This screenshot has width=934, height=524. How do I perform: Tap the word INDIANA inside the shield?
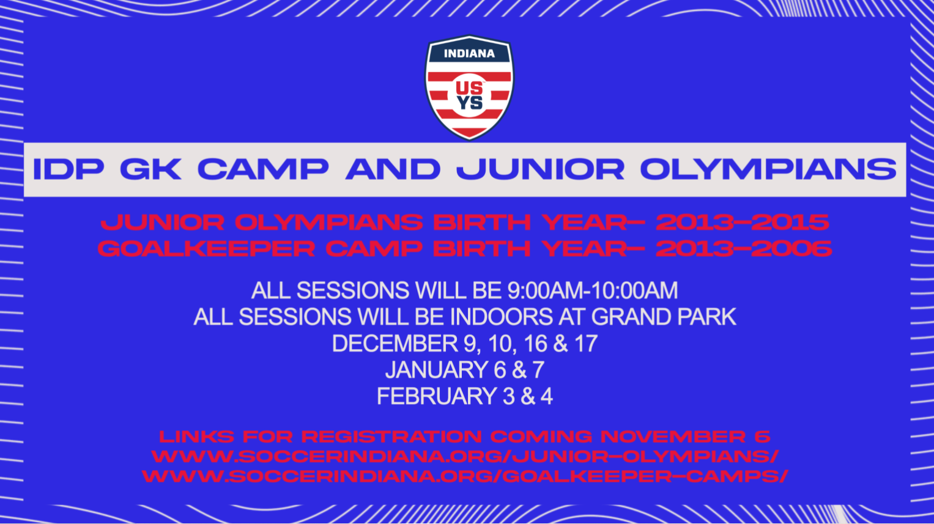(469, 54)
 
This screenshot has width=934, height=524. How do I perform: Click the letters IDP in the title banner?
(68, 169)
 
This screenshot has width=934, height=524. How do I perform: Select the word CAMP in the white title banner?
(262, 169)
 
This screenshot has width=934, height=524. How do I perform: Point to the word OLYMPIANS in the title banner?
(768, 169)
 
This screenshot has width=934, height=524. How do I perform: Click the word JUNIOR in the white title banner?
(540, 169)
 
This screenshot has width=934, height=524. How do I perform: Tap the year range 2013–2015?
(742, 222)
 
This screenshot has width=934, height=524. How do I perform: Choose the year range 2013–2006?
(743, 248)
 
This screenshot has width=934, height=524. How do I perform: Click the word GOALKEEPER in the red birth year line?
(206, 248)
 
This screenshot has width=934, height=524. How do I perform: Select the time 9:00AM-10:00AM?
(592, 290)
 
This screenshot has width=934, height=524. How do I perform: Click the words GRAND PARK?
(664, 317)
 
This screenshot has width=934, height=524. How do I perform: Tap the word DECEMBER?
(395, 344)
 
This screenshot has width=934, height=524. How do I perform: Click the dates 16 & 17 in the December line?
(560, 344)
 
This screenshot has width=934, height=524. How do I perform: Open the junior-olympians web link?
(465, 456)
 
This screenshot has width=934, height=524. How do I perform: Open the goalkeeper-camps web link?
(465, 476)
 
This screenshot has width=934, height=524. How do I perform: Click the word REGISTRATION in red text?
(391, 437)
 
